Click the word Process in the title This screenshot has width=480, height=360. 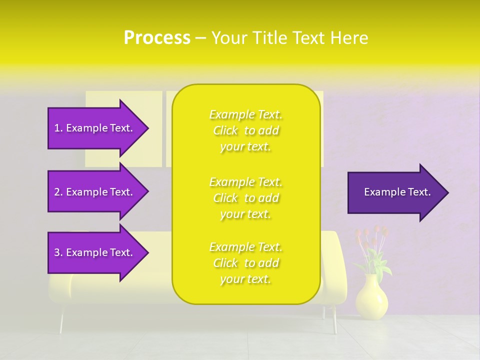157,38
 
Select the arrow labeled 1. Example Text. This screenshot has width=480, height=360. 95,128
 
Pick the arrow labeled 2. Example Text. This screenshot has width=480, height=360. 95,192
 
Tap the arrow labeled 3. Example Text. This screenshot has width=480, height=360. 95,252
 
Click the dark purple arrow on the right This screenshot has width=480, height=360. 395,192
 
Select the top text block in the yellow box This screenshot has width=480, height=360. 245,130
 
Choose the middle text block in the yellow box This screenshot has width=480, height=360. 245,198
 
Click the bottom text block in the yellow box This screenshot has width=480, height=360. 245,263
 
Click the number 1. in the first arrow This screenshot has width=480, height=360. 58,128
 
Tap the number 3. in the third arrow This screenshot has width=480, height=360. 58,252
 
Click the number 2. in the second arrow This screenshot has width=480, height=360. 58,192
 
